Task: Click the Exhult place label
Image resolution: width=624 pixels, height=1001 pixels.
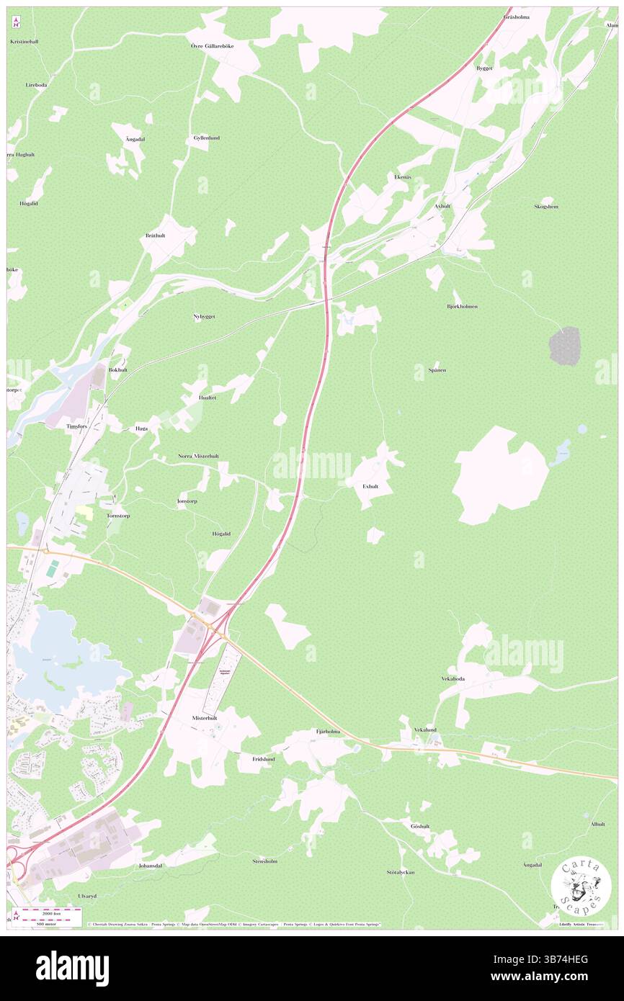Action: click(x=370, y=486)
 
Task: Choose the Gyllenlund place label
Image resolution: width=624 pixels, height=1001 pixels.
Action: click(x=206, y=138)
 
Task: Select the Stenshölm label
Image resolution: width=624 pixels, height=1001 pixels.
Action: click(x=265, y=861)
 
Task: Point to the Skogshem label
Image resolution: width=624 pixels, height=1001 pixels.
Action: click(x=545, y=207)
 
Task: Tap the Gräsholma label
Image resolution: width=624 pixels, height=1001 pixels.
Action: click(x=517, y=17)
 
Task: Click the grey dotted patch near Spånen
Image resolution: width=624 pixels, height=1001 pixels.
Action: click(x=564, y=346)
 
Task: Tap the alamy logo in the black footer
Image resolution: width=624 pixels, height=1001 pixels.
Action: click(x=72, y=968)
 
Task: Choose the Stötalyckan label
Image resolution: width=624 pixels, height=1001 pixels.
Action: click(x=401, y=872)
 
